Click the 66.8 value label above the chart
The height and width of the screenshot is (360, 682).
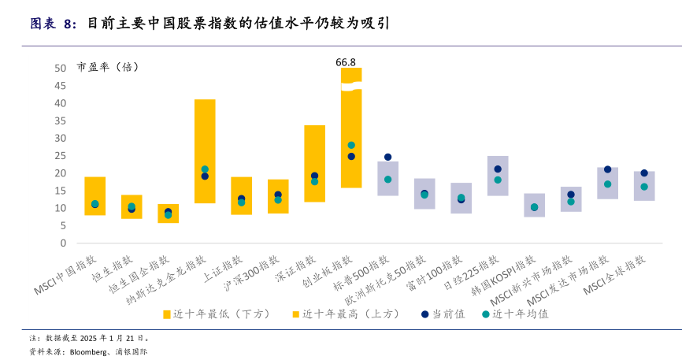pyautogui.click(x=346, y=61)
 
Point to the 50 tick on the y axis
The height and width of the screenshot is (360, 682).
pyautogui.click(x=61, y=69)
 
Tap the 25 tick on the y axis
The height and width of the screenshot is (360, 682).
pyautogui.click(x=61, y=156)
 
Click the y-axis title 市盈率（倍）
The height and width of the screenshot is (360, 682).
pyautogui.click(x=108, y=67)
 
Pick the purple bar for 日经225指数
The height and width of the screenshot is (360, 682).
pyautogui.click(x=498, y=176)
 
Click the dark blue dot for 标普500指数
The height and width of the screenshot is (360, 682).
pyautogui.click(x=387, y=158)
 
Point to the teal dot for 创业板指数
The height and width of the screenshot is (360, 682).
pyautogui.click(x=351, y=145)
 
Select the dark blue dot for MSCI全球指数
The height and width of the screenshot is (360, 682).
pyautogui.click(x=644, y=173)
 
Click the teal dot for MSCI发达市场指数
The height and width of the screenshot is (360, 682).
pyautogui.click(x=607, y=184)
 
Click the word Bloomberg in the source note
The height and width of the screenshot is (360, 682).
pyautogui.click(x=88, y=351)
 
